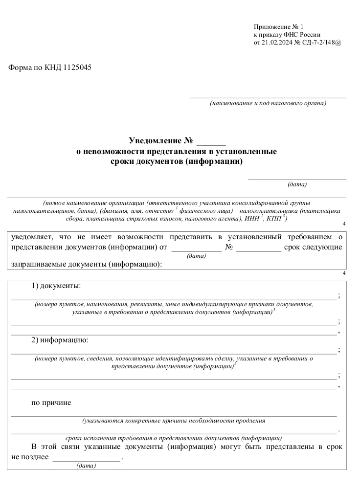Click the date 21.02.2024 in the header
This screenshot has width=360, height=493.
click(278, 43)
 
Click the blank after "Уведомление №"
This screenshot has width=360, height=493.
click(211, 143)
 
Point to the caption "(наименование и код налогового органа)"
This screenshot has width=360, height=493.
click(268, 103)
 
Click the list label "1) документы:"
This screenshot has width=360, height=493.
click(56, 285)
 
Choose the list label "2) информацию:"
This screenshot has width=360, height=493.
click(60, 339)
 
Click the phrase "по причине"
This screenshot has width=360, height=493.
click(51, 403)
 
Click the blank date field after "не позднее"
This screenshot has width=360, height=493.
click(86, 458)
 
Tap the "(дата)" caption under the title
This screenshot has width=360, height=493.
click(297, 185)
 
